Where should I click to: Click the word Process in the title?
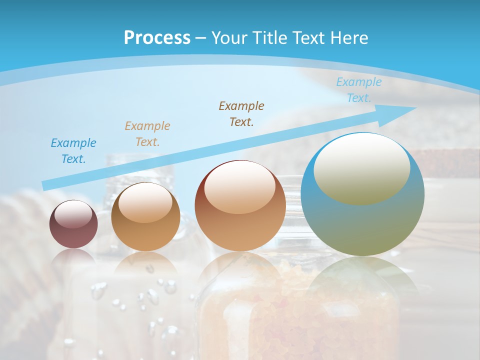tap(157, 37)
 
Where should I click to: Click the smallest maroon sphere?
tap(73, 224)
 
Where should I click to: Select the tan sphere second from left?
tap(145, 217)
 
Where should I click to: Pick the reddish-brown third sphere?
tap(240, 205)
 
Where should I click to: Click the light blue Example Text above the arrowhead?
tap(358, 90)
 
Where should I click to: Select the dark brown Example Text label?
tap(241, 113)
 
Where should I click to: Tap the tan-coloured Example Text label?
tap(147, 133)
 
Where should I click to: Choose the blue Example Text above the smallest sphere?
tap(73, 150)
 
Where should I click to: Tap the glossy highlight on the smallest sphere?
tap(73, 214)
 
